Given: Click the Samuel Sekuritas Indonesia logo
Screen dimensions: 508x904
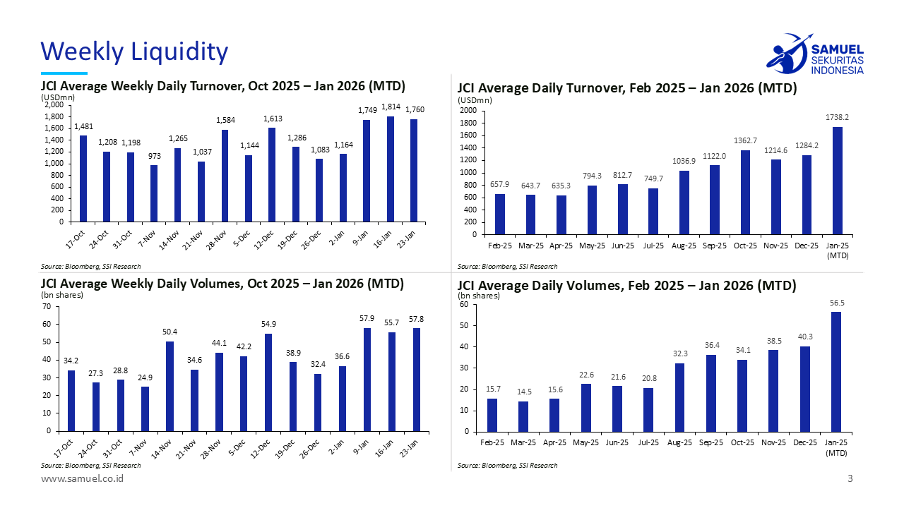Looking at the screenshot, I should click(x=814, y=54).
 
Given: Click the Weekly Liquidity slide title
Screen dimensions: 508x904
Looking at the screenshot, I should click(x=134, y=52).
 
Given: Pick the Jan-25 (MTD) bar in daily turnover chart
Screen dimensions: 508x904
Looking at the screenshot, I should click(x=837, y=181).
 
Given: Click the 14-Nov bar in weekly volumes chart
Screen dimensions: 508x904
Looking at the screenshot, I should click(x=169, y=386).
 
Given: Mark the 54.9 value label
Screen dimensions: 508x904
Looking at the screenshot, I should click(x=268, y=324).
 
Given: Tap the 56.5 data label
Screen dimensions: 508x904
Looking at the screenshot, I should click(x=837, y=303).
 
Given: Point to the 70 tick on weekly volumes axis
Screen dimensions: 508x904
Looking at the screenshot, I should click(x=46, y=307).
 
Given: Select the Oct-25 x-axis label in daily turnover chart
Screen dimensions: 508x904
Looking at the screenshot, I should click(x=744, y=246).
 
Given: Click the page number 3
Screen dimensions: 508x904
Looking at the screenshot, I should click(x=850, y=479).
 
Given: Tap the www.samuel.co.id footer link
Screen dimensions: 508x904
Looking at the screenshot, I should click(x=83, y=479).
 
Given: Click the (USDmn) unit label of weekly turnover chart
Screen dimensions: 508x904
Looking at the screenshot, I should click(x=58, y=97).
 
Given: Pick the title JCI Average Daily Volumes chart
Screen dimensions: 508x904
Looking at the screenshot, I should click(x=626, y=286).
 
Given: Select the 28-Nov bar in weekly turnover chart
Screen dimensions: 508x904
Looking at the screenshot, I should click(x=225, y=176).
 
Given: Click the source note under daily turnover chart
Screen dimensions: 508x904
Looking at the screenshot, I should click(x=507, y=267).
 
